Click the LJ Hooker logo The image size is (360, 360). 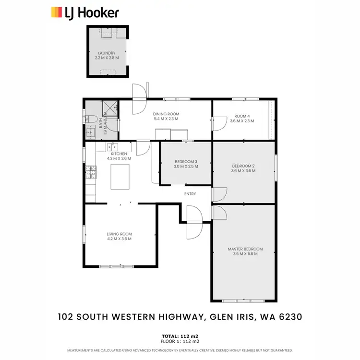point(84,12)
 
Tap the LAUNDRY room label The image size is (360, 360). point(107,53)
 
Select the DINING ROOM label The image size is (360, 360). point(166,113)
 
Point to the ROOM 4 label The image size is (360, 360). point(242,116)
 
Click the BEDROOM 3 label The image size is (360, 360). point(186,161)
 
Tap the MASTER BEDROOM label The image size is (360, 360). point(245,249)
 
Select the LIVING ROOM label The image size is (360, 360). point(119,234)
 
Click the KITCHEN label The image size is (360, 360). point(119,154)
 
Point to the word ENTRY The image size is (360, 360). point(190,193)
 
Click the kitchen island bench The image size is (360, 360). point(120,177)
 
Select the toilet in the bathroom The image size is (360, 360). point(90,119)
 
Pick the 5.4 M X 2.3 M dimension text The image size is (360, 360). point(166,118)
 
